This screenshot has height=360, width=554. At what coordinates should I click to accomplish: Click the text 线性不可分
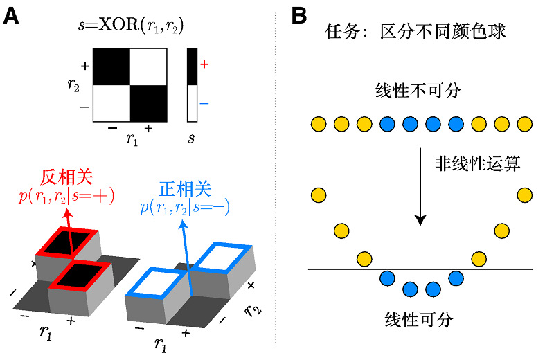[x=418, y=91]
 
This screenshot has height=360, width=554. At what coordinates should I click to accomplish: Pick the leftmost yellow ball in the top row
[x=318, y=125]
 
